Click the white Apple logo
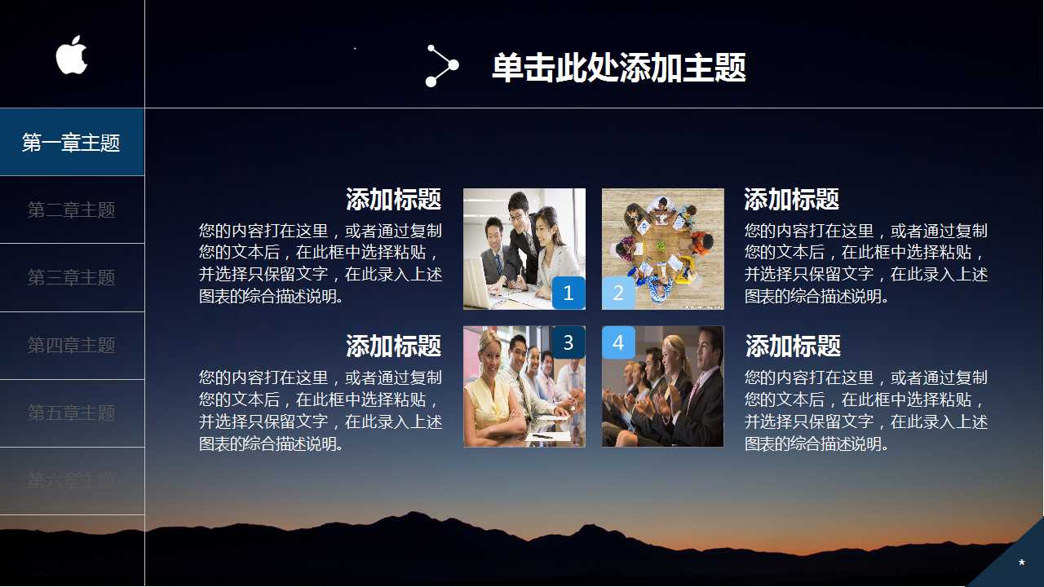72,55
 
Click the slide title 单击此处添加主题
618,68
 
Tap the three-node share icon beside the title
441,66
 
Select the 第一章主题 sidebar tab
72,143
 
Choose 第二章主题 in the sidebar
72,210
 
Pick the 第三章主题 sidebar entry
72,278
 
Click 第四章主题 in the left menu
72,346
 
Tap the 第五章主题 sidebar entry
72,413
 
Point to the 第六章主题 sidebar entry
72,480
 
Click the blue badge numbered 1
568,293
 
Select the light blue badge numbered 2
618,293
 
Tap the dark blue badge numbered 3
568,342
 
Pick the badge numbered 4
618,342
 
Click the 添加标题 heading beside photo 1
393,199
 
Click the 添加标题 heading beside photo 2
791,199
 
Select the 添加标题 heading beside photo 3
393,346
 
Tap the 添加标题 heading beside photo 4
793,346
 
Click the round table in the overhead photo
661,245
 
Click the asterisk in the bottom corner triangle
1021,563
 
